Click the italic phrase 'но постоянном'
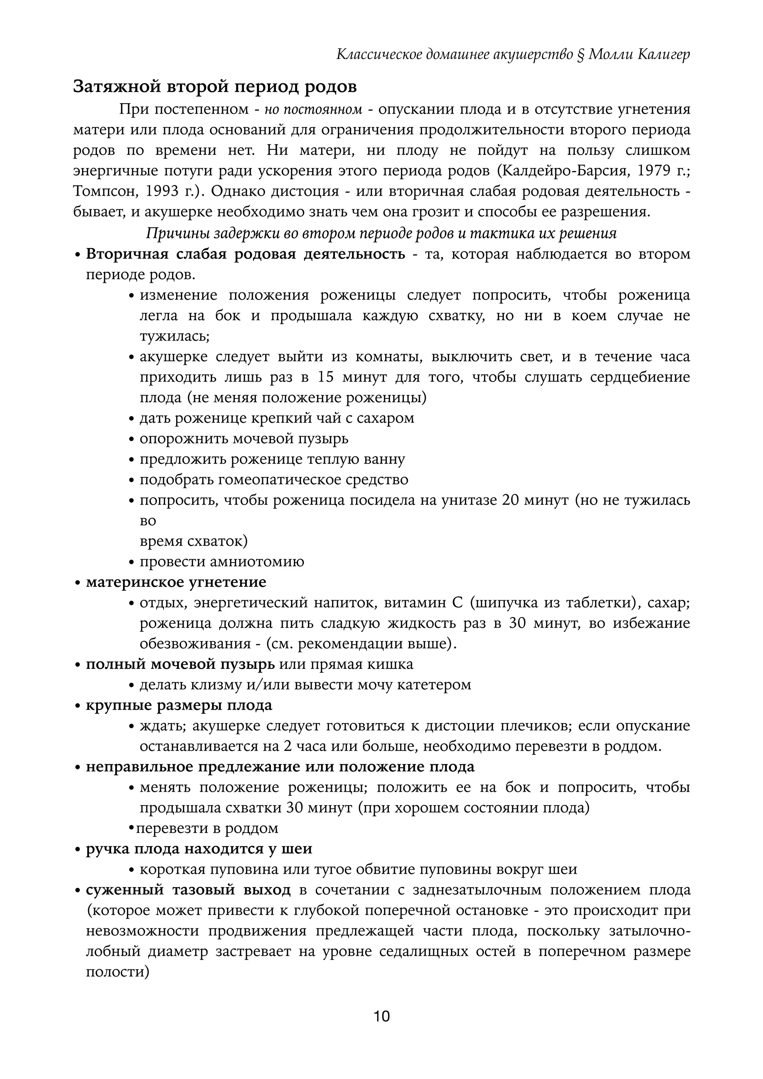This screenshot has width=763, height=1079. (x=313, y=110)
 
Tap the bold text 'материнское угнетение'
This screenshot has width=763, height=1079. (x=176, y=582)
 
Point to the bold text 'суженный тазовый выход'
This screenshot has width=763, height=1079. (x=188, y=890)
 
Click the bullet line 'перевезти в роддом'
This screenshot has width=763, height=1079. (x=207, y=828)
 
